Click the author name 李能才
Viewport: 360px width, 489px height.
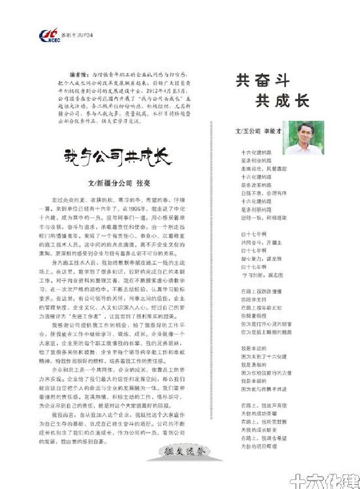(x=272, y=131)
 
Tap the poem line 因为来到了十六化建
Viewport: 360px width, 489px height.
(x=264, y=356)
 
